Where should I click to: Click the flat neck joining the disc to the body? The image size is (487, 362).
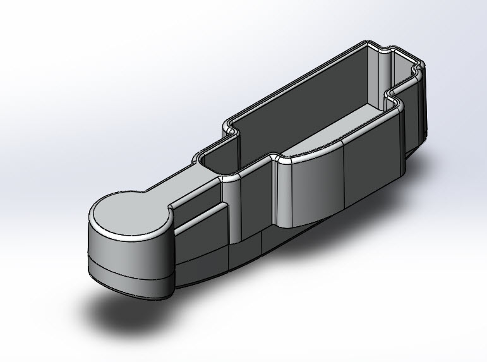click(180, 183)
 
